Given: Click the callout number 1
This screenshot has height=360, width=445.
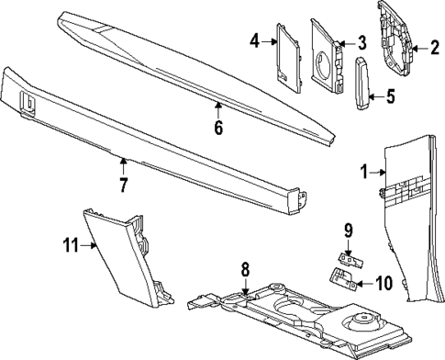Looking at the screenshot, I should [364, 171].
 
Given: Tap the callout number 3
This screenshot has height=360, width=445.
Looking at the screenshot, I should [362, 42].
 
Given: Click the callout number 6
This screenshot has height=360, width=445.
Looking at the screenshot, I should [218, 129].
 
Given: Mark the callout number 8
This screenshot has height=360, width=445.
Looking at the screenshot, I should [246, 270].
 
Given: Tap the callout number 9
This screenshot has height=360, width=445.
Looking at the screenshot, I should [348, 230].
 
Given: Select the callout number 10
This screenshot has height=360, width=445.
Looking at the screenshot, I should [383, 283].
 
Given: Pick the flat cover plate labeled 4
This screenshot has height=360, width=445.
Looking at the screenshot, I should [290, 59].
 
